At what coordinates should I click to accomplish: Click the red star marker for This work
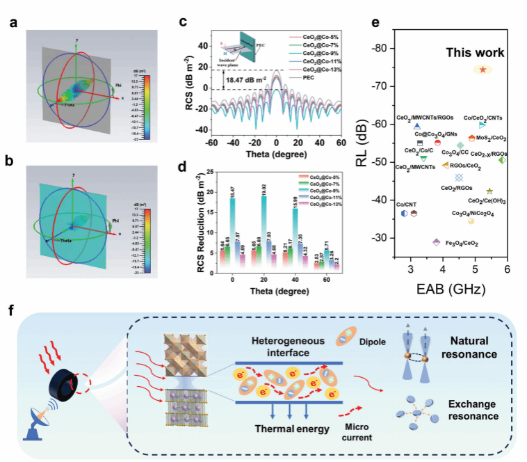[x=483, y=70]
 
